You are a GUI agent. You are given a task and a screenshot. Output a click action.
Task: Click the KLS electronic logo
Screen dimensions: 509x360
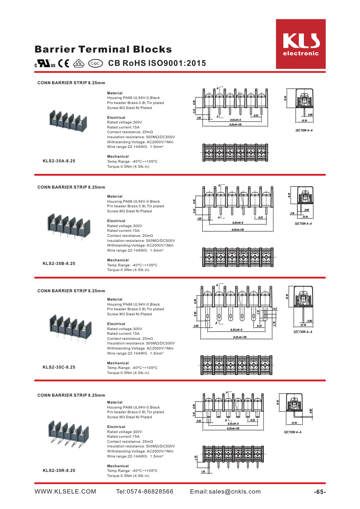[301, 44]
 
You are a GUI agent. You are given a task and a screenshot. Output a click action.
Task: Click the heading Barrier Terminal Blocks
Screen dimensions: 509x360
[103, 49]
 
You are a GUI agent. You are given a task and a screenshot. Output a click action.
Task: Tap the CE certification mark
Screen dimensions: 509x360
[64, 63]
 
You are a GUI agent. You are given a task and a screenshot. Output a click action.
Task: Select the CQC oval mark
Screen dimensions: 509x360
[95, 63]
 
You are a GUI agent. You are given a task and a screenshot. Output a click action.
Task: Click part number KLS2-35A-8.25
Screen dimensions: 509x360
[59, 161]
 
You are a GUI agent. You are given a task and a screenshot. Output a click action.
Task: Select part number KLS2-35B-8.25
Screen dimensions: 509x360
[59, 263]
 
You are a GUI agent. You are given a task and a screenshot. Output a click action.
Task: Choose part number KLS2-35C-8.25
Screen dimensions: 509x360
[59, 367]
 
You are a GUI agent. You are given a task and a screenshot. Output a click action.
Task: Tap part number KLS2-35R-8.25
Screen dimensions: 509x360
[59, 470]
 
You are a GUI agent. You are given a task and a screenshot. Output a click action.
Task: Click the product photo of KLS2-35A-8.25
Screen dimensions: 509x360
[68, 121]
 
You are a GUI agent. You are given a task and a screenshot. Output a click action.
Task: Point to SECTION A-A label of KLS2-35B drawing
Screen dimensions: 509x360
[303, 224]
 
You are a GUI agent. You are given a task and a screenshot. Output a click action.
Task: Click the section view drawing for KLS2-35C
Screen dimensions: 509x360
[303, 306]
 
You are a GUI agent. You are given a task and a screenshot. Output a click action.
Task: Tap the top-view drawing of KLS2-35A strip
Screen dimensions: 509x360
[235, 153]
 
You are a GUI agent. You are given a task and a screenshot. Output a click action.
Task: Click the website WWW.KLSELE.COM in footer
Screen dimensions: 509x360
[66, 492]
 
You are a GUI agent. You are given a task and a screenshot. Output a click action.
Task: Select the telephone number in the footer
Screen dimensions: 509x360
[145, 492]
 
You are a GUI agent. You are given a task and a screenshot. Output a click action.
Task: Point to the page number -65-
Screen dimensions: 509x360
[320, 492]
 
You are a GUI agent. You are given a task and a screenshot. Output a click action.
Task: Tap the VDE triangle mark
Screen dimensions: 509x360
[78, 63]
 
